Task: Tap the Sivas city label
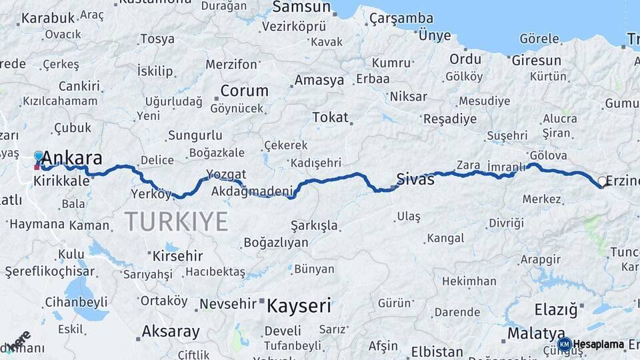coord(415,179)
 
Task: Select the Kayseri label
coord(299,306)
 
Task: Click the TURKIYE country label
coord(176,221)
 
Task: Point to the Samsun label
coord(301,7)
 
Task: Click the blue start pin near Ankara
coord(39,157)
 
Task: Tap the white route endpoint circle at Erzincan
coord(602,181)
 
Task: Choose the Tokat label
coord(330,117)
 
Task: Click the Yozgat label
coord(226,175)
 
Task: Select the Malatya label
coord(535,333)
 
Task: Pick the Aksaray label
coord(171,331)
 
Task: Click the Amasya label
coord(319,80)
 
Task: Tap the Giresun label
coord(536,61)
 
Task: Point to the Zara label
coord(468,165)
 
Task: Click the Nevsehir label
coord(229,304)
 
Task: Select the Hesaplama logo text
coord(598,345)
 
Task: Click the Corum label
coord(244,91)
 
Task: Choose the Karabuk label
coord(47,18)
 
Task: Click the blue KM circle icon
coord(564,345)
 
